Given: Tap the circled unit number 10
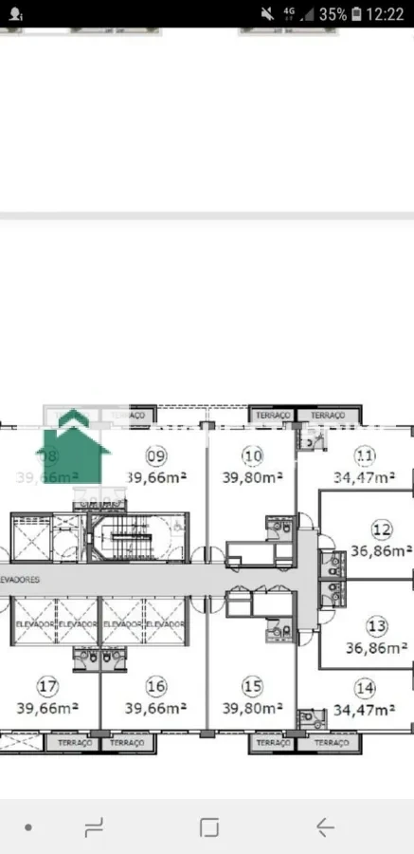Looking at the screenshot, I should (x=252, y=456).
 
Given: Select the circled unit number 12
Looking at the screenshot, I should (x=382, y=529).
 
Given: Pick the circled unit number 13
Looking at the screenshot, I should (x=377, y=626).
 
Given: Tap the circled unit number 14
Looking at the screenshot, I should (x=365, y=688).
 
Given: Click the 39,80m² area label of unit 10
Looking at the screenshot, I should (x=252, y=477).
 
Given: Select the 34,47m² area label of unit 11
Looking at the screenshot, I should (x=365, y=478).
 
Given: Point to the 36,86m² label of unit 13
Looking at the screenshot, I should (x=377, y=647).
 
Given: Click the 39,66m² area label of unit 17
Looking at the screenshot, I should (x=46, y=707).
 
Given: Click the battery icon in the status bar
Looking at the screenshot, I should (x=355, y=14).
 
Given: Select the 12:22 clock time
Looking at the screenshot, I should (x=384, y=14).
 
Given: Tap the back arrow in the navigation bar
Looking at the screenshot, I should (x=325, y=827).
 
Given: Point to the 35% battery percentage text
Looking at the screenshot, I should (x=333, y=14).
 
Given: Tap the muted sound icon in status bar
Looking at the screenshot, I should (x=267, y=14).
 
